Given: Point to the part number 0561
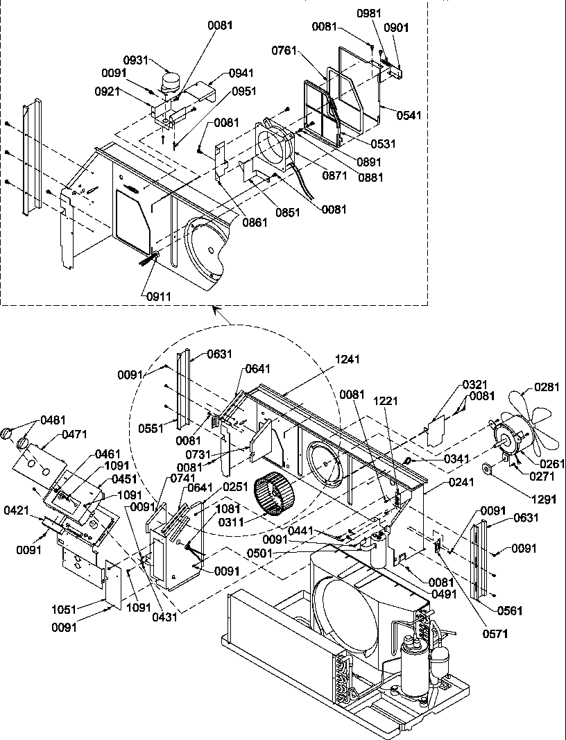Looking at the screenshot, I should click(x=510, y=611).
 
